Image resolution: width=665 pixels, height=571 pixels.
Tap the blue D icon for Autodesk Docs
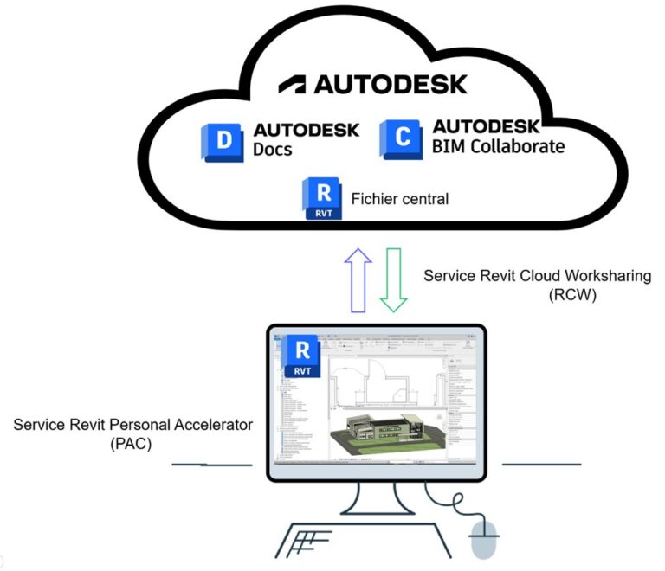coord(223,140)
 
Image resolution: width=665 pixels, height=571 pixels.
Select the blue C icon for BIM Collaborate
coord(401,139)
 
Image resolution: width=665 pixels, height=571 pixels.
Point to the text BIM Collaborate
coord(498,146)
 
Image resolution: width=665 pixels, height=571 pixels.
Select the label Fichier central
coord(399,199)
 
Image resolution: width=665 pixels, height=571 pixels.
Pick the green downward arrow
coord(394,279)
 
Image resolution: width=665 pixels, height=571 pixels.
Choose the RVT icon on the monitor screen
coord(302,356)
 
